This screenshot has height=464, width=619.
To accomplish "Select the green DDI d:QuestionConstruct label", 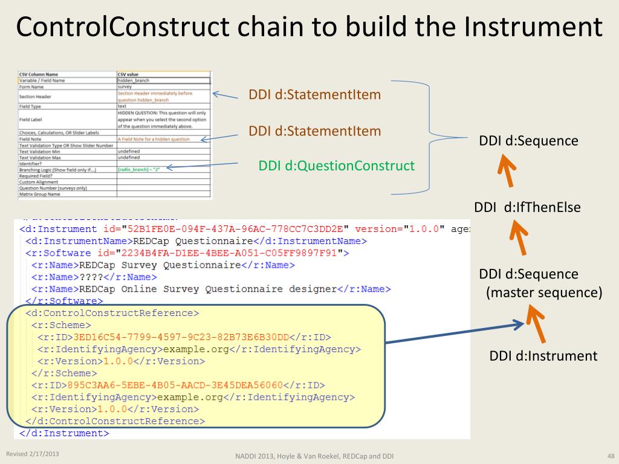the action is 337,166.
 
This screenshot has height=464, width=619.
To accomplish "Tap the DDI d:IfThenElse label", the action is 527,207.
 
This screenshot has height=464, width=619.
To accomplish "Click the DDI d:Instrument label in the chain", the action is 543,356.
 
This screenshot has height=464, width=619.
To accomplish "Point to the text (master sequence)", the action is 544,293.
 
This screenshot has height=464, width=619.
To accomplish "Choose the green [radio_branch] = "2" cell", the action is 140,170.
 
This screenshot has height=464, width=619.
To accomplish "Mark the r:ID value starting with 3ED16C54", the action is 181,337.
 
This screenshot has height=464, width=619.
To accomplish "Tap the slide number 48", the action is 610,455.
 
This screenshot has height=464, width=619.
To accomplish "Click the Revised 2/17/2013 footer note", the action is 33,454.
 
